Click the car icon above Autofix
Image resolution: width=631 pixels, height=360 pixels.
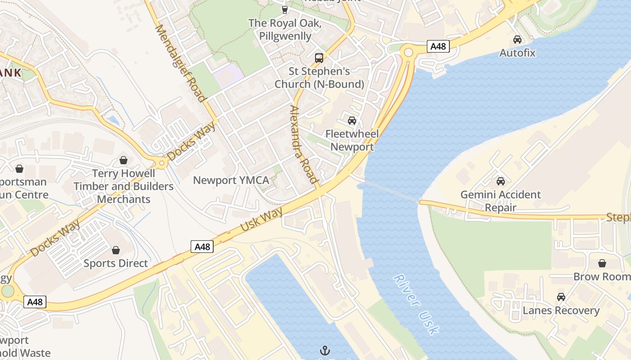517,40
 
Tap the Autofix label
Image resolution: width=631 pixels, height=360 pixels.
517,53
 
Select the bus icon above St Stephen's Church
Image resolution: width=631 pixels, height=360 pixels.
319,58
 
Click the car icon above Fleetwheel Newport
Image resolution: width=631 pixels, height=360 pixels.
352,121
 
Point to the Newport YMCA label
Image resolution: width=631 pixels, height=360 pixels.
231,180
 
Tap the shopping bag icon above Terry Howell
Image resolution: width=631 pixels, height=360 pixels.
123,160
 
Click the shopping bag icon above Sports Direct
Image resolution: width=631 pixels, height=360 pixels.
116,250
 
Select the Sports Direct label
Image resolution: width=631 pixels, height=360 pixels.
116,263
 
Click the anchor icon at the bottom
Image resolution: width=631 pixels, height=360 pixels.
325,350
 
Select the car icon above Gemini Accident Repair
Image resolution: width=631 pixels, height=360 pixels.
500,181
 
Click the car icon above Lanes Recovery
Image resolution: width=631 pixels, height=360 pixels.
561,297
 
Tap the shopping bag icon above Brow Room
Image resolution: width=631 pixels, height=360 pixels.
602,263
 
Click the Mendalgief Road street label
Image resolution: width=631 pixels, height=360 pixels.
180,63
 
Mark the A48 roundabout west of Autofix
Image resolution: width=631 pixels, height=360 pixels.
408,53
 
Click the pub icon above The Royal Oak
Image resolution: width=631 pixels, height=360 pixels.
284,9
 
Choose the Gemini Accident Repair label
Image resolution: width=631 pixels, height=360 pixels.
500,201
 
